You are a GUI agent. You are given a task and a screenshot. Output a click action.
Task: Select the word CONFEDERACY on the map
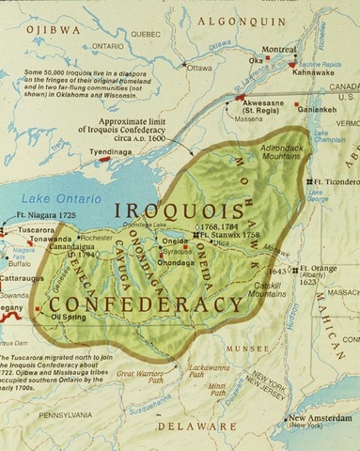[146, 304]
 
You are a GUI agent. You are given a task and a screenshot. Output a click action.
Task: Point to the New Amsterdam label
[316, 421]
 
